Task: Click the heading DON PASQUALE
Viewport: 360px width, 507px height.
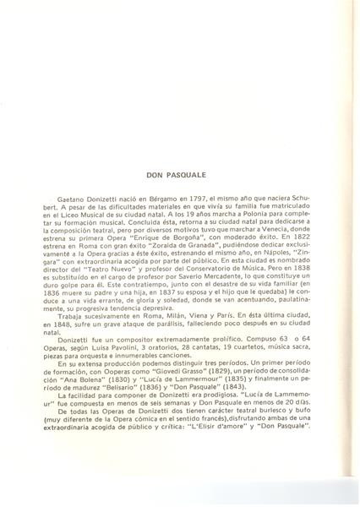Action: (184, 180)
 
